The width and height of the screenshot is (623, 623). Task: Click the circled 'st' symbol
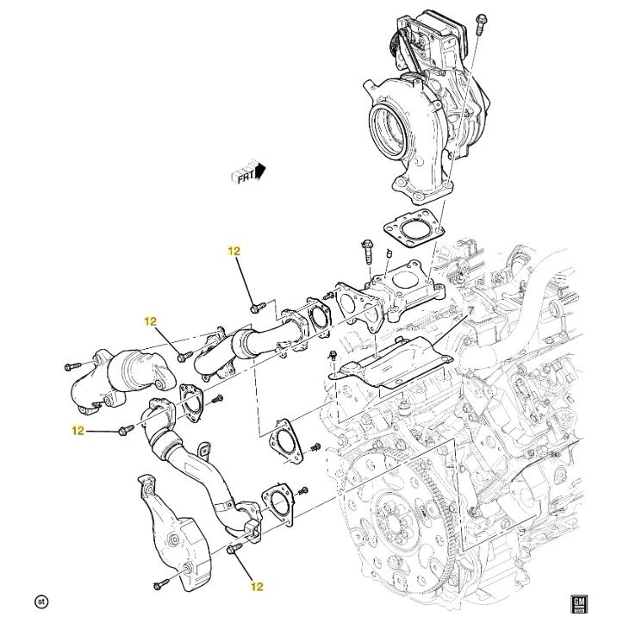coord(40,600)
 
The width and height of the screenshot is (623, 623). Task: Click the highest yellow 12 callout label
coord(234,252)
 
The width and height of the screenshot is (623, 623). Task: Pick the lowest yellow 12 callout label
coord(257,587)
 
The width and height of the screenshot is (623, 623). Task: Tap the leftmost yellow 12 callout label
coord(78,430)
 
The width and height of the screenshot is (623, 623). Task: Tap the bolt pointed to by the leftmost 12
coord(125,428)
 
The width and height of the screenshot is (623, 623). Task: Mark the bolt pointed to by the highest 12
coord(255,307)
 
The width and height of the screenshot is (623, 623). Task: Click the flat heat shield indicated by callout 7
coord(392,364)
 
